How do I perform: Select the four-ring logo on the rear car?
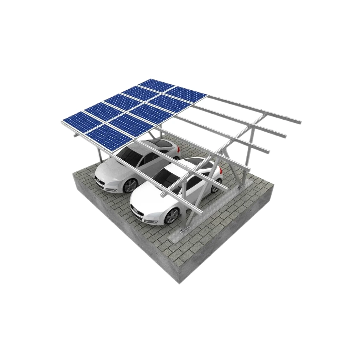pos(98,179)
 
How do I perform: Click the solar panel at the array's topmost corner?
pos(156,85)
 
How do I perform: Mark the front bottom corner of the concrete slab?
pos(180,282)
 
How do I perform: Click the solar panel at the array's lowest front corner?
pos(109,136)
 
